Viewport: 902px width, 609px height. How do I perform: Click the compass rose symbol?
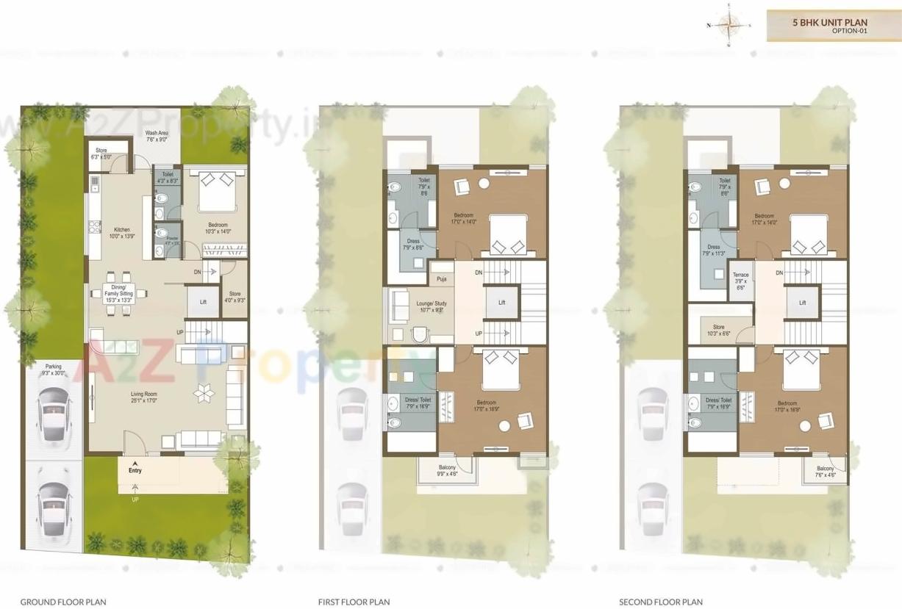pos(729,25)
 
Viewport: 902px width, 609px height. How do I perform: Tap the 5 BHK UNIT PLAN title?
pos(829,23)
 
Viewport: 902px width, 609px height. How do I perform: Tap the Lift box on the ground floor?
pos(203,302)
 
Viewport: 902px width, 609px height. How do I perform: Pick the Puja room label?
pos(441,279)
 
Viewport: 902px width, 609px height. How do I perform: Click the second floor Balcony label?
pos(825,472)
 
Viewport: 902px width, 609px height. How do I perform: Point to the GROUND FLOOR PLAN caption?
pos(63,602)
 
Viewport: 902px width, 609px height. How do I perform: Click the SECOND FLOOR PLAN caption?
pos(660,602)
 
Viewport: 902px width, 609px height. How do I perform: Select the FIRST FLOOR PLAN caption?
pos(354,602)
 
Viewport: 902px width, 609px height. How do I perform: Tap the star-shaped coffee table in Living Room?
pos(203,395)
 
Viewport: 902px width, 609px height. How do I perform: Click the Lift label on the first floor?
pos(502,303)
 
